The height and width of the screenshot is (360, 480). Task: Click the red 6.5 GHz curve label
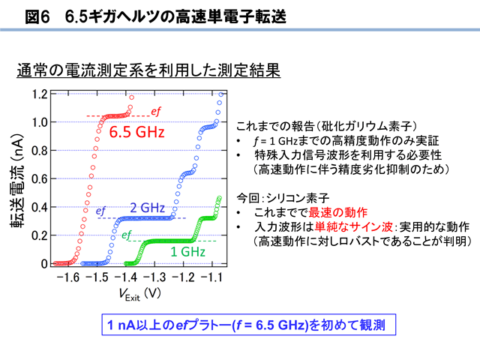point(136,132)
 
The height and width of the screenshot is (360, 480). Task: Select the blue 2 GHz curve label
point(148,208)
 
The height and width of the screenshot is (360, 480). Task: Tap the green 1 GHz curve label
point(187,252)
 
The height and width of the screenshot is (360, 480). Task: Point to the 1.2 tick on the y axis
point(40,94)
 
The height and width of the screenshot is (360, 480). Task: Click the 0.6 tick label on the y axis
point(40,178)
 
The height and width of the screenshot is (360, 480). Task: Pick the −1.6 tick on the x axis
point(68,277)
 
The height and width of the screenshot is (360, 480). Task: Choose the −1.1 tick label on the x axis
point(211,277)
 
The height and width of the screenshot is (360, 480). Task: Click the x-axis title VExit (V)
point(140,295)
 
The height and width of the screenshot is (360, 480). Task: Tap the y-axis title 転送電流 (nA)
point(16,181)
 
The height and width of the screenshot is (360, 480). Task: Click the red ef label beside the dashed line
point(156,112)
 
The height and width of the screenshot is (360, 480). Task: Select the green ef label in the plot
point(127,235)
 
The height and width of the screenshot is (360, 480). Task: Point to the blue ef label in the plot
point(100,211)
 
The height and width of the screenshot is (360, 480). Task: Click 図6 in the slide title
point(37,16)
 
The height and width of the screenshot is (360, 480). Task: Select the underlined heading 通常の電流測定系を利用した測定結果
point(148,70)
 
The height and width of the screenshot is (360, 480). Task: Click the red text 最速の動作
point(337,211)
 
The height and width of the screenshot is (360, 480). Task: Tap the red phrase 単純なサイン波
point(353,226)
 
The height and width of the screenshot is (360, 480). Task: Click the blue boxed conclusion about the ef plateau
point(248,325)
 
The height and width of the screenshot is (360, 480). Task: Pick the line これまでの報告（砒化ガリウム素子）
point(326,126)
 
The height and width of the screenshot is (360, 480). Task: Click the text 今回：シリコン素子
point(283,198)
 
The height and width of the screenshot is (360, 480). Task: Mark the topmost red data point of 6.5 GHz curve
point(132,97)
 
